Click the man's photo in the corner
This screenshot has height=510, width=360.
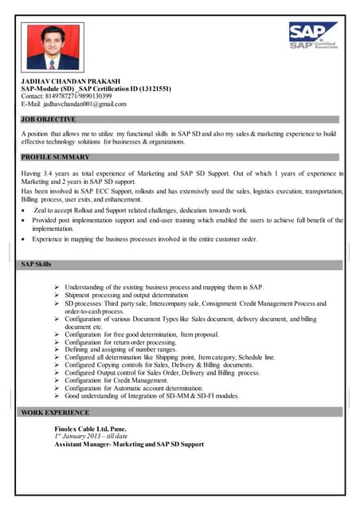53,46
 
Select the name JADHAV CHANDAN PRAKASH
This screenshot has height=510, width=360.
70,81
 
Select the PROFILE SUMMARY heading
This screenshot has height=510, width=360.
55,158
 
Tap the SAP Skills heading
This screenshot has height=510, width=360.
37,264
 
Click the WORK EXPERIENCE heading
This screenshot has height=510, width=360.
55,413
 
